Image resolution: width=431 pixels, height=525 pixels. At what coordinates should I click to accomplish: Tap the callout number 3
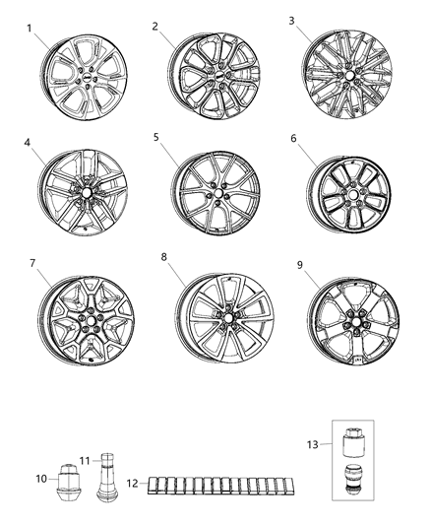click(x=291, y=20)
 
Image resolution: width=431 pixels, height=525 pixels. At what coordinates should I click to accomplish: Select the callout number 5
click(x=155, y=137)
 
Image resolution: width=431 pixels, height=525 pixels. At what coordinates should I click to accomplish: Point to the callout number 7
click(x=31, y=263)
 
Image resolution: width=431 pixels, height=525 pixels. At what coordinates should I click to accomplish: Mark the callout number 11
click(x=85, y=459)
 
